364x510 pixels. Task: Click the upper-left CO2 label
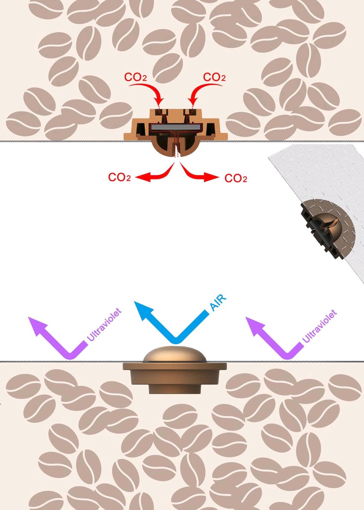(135, 77)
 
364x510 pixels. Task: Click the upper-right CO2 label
(214, 77)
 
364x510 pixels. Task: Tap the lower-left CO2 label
(119, 178)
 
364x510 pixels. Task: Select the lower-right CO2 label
(236, 179)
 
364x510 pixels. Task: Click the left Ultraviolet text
(104, 325)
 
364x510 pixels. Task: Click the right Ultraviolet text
(319, 327)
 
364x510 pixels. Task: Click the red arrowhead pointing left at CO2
(140, 178)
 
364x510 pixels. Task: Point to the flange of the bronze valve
(174, 367)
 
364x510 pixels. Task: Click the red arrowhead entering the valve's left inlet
(160, 101)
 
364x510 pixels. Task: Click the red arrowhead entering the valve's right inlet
(191, 101)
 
